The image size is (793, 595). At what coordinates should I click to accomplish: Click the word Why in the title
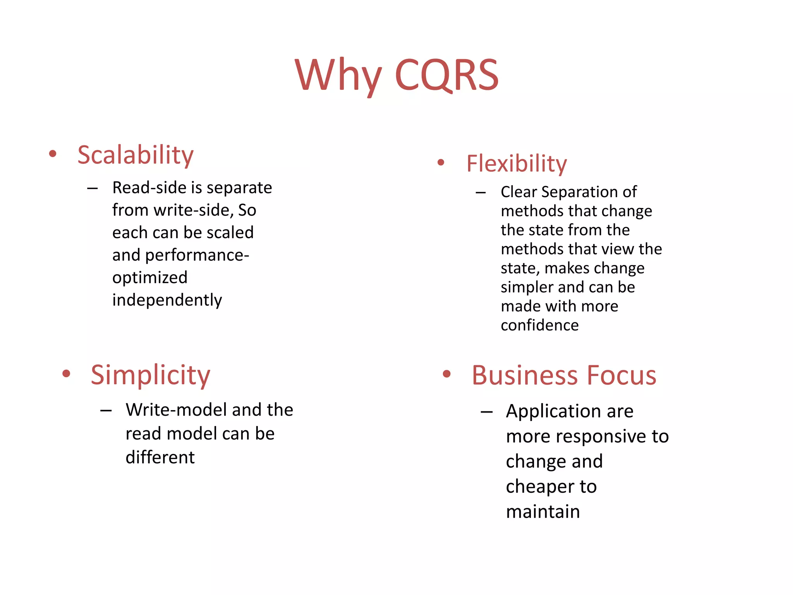coord(338,76)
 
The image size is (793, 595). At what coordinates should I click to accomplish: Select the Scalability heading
coord(135,155)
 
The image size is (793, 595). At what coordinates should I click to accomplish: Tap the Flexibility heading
coord(517,163)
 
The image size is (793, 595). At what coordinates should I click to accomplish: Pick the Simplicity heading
coord(150,375)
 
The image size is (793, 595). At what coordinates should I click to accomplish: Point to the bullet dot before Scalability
coord(53,154)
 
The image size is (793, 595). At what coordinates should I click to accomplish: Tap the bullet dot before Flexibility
coord(441,162)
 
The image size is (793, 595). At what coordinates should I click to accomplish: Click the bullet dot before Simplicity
coord(66,373)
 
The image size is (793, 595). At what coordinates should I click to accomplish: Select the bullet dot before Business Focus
coord(447,374)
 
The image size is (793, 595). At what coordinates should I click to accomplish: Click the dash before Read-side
coord(93,189)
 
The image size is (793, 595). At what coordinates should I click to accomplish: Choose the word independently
coord(167,300)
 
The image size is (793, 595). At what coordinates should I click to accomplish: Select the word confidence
coord(539,325)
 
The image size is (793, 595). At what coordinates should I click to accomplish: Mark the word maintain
coord(543,512)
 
